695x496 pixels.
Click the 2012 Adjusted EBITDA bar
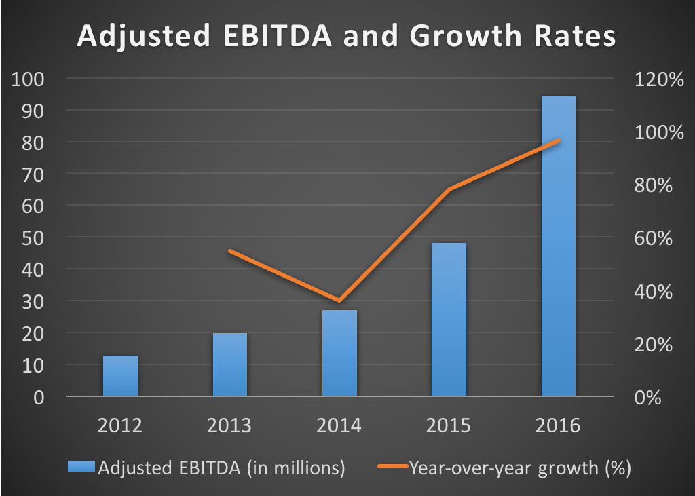click(x=120, y=376)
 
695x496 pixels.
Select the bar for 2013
click(x=230, y=365)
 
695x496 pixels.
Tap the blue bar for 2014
click(x=339, y=353)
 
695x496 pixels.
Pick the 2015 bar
click(x=449, y=319)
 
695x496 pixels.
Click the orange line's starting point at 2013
click(x=230, y=251)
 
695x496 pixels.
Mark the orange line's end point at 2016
click(x=558, y=140)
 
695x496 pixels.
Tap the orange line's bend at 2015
click(x=449, y=189)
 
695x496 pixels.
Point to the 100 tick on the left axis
click(x=29, y=79)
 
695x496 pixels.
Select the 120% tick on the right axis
click(x=658, y=79)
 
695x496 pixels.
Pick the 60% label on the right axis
click(x=653, y=238)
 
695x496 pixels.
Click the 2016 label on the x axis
click(x=558, y=426)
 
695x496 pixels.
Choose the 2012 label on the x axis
click(x=120, y=426)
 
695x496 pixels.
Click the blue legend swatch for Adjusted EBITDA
click(x=81, y=468)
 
